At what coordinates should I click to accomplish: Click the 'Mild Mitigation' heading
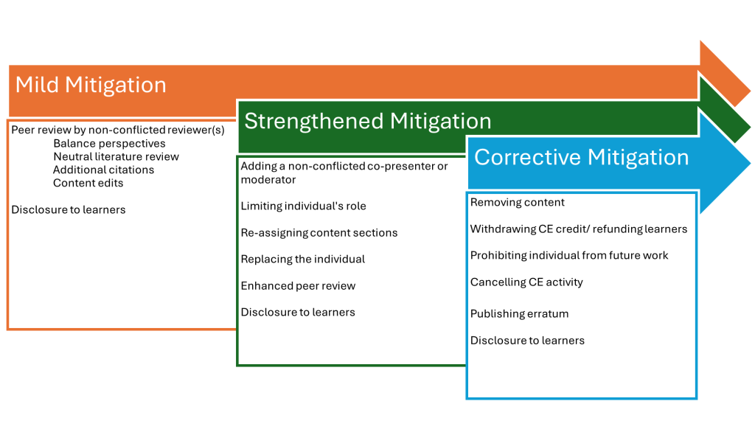pos(91,86)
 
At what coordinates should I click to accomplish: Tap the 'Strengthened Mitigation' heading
pos(368,121)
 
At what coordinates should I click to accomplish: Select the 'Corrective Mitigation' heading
pos(582,158)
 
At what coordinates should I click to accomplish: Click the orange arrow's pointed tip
pos(749,90)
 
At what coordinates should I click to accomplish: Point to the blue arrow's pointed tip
pos(750,163)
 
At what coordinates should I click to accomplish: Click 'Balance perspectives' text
pos(109,144)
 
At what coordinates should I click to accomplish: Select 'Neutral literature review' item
pos(116,156)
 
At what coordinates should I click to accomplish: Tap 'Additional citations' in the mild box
pos(103,170)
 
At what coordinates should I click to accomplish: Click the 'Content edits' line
pos(88,183)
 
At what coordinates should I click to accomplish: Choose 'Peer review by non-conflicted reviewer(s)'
pos(118,130)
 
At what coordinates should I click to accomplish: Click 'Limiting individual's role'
pos(303,206)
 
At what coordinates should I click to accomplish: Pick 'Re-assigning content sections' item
pos(319,233)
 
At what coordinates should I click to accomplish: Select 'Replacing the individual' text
pos(303,260)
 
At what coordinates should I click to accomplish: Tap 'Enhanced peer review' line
pos(298,285)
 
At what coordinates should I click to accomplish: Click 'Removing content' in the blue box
pos(517,202)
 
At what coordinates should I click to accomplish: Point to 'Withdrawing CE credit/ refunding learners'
pos(579,229)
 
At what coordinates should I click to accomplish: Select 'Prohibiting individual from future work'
pos(569,255)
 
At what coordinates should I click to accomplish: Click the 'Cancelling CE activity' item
pos(526,282)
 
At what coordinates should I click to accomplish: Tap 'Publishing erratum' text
pos(519,313)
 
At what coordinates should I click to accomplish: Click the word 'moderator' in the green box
pos(268,180)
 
